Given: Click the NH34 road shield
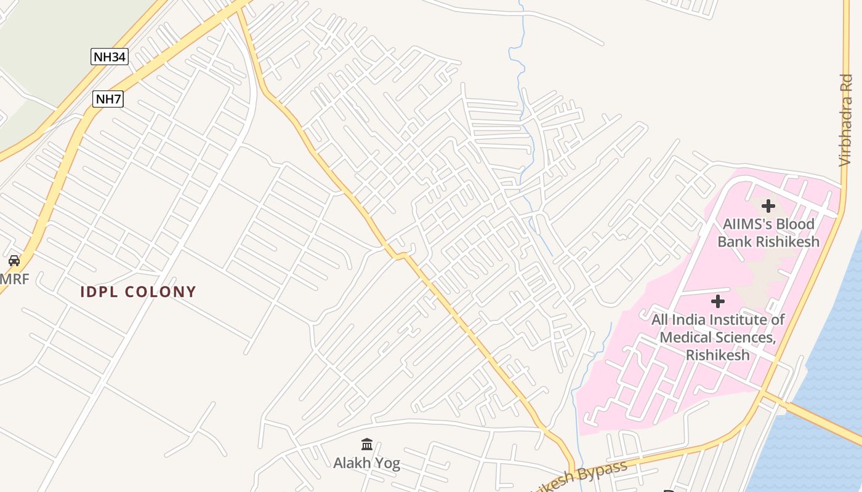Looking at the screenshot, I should pyautogui.click(x=110, y=57).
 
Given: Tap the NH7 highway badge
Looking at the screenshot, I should pyautogui.click(x=108, y=98).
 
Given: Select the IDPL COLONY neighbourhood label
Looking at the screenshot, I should pyautogui.click(x=138, y=292).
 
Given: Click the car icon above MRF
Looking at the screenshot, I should pyautogui.click(x=14, y=261).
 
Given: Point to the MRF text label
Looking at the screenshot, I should pyautogui.click(x=14, y=279).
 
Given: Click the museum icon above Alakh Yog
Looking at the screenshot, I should pyautogui.click(x=367, y=444).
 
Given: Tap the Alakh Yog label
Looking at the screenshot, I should pyautogui.click(x=367, y=462).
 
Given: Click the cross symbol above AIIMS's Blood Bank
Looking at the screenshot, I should pyautogui.click(x=768, y=206).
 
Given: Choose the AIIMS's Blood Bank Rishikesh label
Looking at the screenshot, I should pyautogui.click(x=768, y=232).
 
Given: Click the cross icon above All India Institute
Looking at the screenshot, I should pyautogui.click(x=717, y=301).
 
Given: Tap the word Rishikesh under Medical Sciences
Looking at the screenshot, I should pyautogui.click(x=718, y=355).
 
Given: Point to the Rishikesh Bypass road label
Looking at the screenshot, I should pyautogui.click(x=579, y=474).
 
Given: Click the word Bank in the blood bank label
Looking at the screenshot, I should pyautogui.click(x=735, y=241).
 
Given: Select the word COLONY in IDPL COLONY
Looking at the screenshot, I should pyautogui.click(x=161, y=292).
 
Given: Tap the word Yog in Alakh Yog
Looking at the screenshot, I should pyautogui.click(x=388, y=463).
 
